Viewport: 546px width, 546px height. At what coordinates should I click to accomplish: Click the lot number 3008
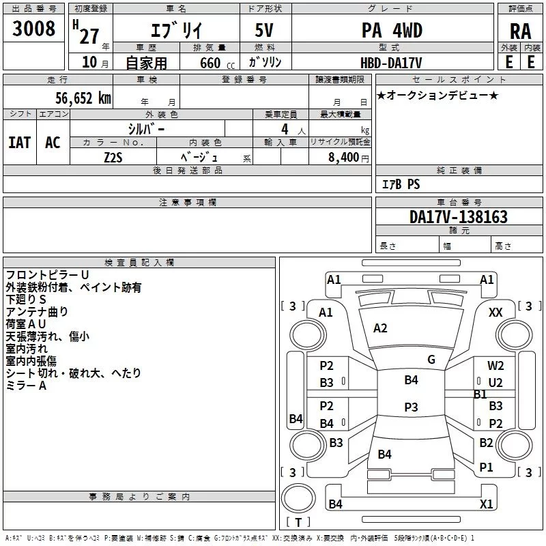click(34, 29)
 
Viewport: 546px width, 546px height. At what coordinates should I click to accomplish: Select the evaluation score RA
click(520, 31)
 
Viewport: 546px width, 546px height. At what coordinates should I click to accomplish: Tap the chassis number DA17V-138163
click(458, 217)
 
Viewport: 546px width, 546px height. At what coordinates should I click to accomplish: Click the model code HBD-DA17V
click(391, 62)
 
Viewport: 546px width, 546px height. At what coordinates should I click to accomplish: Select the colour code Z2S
click(113, 156)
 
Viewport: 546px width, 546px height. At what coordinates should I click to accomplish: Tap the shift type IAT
click(19, 142)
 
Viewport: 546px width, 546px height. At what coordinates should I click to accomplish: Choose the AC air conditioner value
click(53, 142)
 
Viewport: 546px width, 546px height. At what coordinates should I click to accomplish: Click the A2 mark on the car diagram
click(380, 328)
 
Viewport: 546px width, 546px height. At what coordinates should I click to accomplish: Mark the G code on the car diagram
click(431, 360)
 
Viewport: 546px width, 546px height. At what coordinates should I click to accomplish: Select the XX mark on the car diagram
click(495, 312)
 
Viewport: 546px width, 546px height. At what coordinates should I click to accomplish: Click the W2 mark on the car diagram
click(495, 366)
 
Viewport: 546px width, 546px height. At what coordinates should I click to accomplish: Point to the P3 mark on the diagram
click(411, 407)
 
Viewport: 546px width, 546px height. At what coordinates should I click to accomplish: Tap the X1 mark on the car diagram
click(486, 504)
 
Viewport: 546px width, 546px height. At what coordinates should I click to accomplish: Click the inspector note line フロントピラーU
click(47, 274)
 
